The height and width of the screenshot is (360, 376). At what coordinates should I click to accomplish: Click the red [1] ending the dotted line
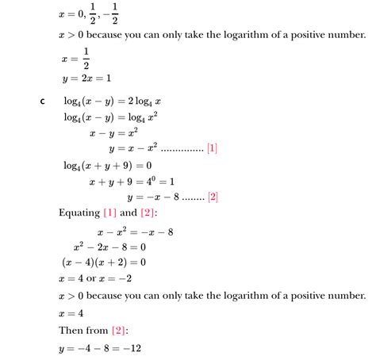(211, 148)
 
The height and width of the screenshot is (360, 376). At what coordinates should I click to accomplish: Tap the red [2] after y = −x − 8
(212, 197)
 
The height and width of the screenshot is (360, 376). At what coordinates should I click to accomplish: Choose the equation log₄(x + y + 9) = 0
(107, 165)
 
